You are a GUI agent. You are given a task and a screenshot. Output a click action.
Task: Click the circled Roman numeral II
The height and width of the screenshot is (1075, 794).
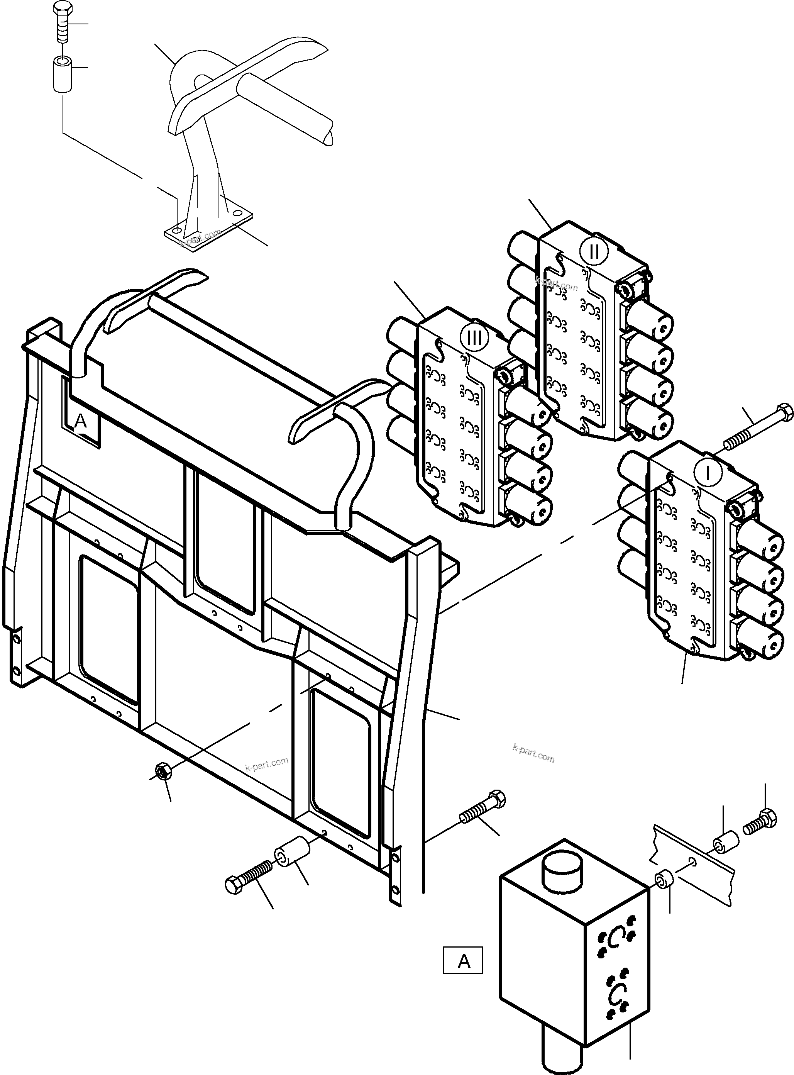coord(594,251)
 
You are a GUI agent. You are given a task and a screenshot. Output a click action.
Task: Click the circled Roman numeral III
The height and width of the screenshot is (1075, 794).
coord(474,337)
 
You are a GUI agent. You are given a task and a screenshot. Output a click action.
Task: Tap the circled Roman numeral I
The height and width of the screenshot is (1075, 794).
coord(708,473)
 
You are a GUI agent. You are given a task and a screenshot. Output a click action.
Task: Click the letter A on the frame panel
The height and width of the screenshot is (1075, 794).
coord(81,422)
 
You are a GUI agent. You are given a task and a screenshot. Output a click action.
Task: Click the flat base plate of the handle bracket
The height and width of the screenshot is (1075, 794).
coord(208,231)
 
